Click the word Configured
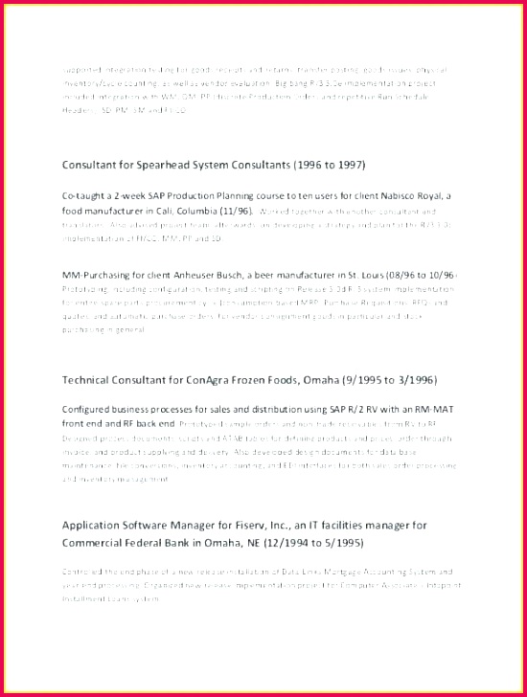coord(92,409)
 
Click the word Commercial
coord(98,542)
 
